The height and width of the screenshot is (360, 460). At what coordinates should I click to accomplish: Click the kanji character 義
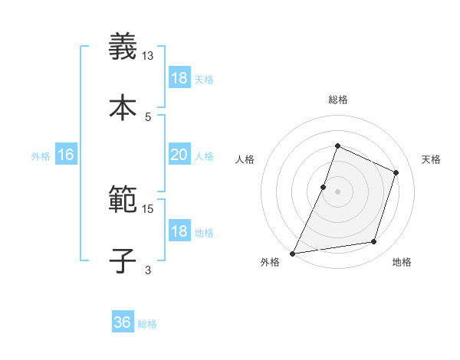coord(123,48)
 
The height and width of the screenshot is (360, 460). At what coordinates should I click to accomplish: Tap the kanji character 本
coord(123,107)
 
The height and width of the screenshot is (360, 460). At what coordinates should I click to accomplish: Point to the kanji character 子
coord(123,260)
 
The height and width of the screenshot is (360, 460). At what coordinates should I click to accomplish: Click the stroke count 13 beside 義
coord(148,56)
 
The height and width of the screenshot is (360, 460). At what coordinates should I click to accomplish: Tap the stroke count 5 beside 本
coord(148,116)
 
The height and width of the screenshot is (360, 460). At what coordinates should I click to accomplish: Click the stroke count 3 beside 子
coord(148,269)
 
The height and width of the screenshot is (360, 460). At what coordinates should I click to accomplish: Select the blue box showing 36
coord(123,322)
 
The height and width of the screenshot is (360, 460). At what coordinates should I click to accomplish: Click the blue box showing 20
coord(179,155)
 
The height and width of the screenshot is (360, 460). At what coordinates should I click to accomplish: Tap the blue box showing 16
coord(66,155)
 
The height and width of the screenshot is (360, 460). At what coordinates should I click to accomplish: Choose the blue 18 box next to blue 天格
coord(179,78)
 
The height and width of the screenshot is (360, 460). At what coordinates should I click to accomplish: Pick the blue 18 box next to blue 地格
coord(179,231)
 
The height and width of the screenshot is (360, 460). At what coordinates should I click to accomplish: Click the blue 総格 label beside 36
coord(148,324)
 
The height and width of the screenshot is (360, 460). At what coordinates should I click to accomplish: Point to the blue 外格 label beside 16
coord(41,155)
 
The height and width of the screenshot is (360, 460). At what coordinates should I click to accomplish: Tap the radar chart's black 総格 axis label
coord(337,100)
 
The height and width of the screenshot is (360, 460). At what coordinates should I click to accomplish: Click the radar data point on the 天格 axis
coord(396,172)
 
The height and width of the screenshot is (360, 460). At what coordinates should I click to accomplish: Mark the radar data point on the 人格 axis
coord(324,187)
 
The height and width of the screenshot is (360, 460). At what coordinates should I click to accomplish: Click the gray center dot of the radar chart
coord(337,191)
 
